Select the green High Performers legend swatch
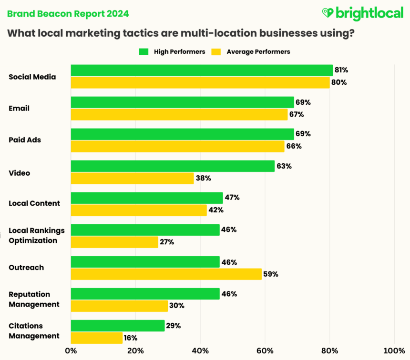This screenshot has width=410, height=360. coord(144,51)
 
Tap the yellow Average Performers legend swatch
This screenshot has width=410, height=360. coord(217,51)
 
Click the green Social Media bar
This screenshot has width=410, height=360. coord(202,70)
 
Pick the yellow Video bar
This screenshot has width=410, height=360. coord(132,178)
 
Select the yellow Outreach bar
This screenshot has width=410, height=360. coord(166,274)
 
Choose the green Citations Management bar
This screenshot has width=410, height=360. coord(118,326)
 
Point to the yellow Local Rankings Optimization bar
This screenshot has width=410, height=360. coord(114,242)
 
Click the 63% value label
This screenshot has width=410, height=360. coord(285,166)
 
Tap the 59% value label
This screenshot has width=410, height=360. coord(271,274)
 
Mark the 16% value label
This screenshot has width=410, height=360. coord(131,338)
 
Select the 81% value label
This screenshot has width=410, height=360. coord(341,70)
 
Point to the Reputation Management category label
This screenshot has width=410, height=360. coord(34,299)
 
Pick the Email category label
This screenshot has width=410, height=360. coord(19,108)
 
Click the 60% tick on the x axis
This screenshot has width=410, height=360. coord(265,351)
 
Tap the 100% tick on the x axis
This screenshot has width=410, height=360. coord(394,351)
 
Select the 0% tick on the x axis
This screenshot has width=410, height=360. coord(71,351)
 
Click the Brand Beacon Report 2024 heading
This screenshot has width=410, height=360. coord(67,13)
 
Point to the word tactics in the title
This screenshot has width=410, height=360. coord(143,34)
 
